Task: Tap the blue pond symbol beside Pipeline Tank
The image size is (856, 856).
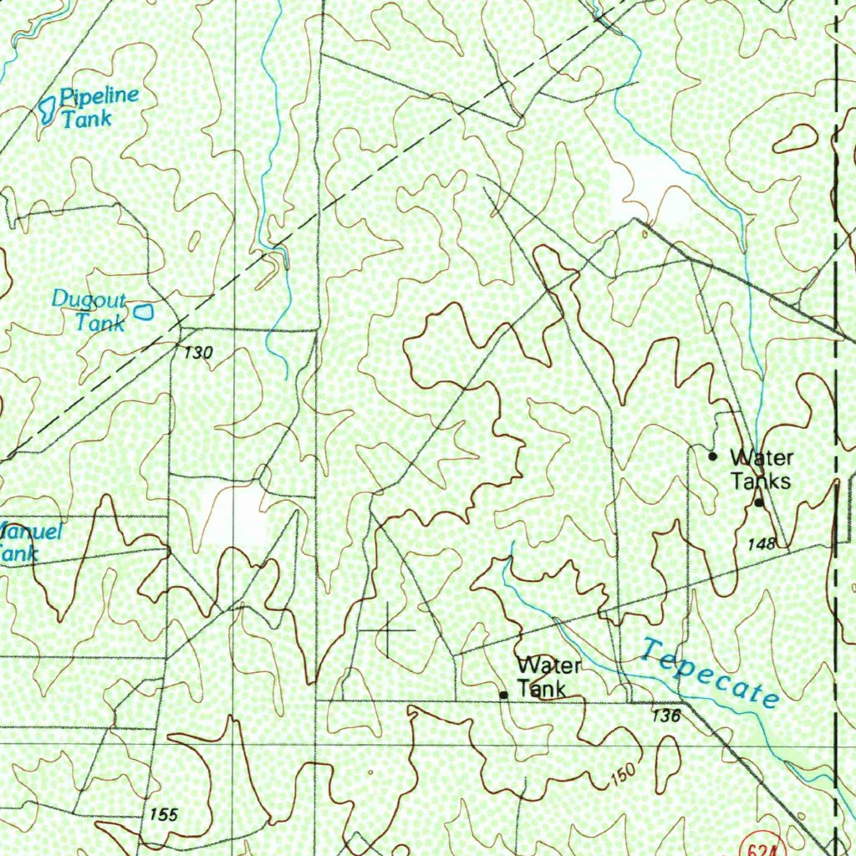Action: pos(48,109)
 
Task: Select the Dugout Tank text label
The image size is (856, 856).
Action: pos(89,311)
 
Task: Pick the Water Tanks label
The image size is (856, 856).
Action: pos(761,469)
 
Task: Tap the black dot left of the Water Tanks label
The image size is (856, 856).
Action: pos(712,456)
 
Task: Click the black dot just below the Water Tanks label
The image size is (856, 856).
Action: pos(759,502)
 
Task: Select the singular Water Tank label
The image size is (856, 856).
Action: pos(548,677)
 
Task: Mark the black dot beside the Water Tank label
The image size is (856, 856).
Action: pos(503,695)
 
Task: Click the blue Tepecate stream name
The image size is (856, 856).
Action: pos(710,672)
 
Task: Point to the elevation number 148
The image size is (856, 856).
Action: pos(762,544)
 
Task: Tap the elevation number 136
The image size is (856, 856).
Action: pos(665,716)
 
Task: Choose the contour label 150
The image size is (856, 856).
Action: pos(623,774)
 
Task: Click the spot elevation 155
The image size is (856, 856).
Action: pos(164,814)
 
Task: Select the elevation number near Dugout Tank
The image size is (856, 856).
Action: pos(199,353)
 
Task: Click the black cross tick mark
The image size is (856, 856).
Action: pos(388,629)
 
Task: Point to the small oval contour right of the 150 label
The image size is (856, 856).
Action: pos(668,765)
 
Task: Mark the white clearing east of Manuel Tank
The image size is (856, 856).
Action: pos(234,512)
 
